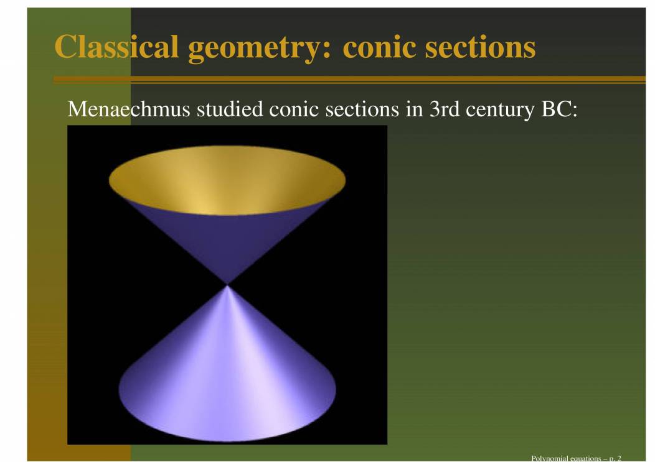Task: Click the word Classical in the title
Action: pos(116,46)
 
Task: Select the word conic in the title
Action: pos(379,47)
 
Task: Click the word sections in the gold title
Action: pos(481,47)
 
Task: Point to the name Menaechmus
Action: pos(129,109)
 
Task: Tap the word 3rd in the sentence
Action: pos(445,109)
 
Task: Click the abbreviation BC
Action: pos(556,109)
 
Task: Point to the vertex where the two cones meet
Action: pos(227,285)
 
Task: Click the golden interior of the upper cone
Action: pos(227,180)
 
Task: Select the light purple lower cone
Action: pos(227,376)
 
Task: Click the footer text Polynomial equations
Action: pos(566,458)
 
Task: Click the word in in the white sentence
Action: pos(415,109)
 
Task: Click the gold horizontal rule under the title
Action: pos(349,80)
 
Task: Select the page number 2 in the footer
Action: pos(619,458)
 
